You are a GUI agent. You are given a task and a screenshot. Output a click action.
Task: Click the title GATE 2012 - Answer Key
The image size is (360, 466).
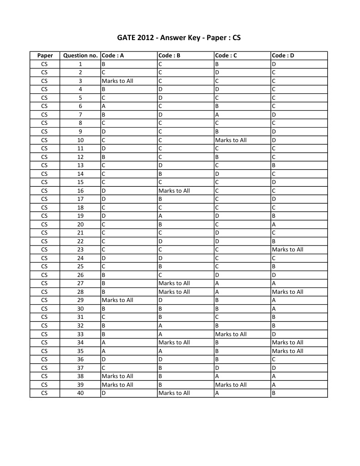[179, 38]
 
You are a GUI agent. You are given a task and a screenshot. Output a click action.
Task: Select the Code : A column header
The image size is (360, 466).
[113, 56]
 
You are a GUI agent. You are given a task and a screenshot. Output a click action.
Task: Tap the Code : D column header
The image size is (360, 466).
[283, 56]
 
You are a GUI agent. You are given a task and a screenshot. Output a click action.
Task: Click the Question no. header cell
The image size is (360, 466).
[80, 56]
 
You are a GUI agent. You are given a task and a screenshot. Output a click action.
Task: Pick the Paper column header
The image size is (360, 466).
[45, 56]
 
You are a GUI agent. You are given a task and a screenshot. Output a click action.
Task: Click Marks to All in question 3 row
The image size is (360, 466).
[117, 81]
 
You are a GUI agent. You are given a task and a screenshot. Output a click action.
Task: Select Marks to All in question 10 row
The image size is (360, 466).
[231, 140]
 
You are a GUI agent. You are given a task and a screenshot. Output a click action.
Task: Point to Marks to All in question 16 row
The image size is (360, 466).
[174, 190]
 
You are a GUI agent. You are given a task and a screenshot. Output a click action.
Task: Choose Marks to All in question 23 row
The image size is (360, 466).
[287, 250]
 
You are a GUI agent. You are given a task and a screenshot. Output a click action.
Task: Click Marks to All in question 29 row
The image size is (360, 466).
[117, 300]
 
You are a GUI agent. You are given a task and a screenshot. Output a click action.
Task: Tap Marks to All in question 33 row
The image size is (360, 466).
[231, 334]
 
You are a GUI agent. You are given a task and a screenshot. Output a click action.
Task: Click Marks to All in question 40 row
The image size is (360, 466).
[174, 393]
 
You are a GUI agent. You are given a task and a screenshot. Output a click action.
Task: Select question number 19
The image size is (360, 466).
[80, 216]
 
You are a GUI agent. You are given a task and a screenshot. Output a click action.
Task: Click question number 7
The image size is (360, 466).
[80, 115]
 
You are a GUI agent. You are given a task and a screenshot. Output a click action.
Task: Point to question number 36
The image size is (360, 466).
[80, 359]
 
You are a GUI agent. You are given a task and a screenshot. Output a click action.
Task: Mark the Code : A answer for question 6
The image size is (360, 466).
[104, 106]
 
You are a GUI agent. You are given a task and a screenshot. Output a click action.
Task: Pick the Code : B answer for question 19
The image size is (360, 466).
[160, 216]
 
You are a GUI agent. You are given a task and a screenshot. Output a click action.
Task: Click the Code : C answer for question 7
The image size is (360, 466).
[217, 115]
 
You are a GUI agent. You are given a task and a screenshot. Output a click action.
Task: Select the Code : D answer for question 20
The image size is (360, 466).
[274, 224]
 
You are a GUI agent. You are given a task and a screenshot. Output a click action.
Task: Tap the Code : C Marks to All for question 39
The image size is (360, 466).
[231, 384]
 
